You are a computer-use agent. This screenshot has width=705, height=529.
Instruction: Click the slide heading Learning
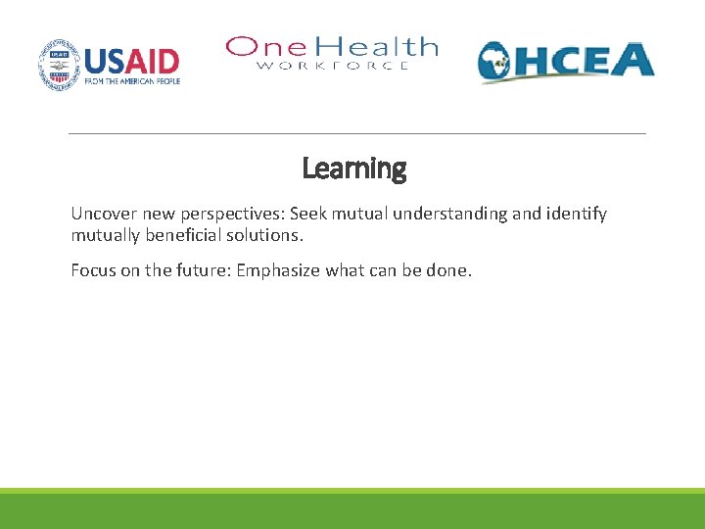point(353,168)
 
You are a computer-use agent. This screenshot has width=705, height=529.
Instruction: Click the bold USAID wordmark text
point(131,62)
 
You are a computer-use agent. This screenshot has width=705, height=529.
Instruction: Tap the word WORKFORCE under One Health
point(333,66)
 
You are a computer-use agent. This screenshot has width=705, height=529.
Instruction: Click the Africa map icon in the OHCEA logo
point(501,64)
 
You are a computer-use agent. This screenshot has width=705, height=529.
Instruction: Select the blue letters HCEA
point(589,60)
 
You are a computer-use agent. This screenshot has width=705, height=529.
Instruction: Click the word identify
point(575,214)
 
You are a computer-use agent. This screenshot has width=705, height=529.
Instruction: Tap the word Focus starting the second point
point(92,270)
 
